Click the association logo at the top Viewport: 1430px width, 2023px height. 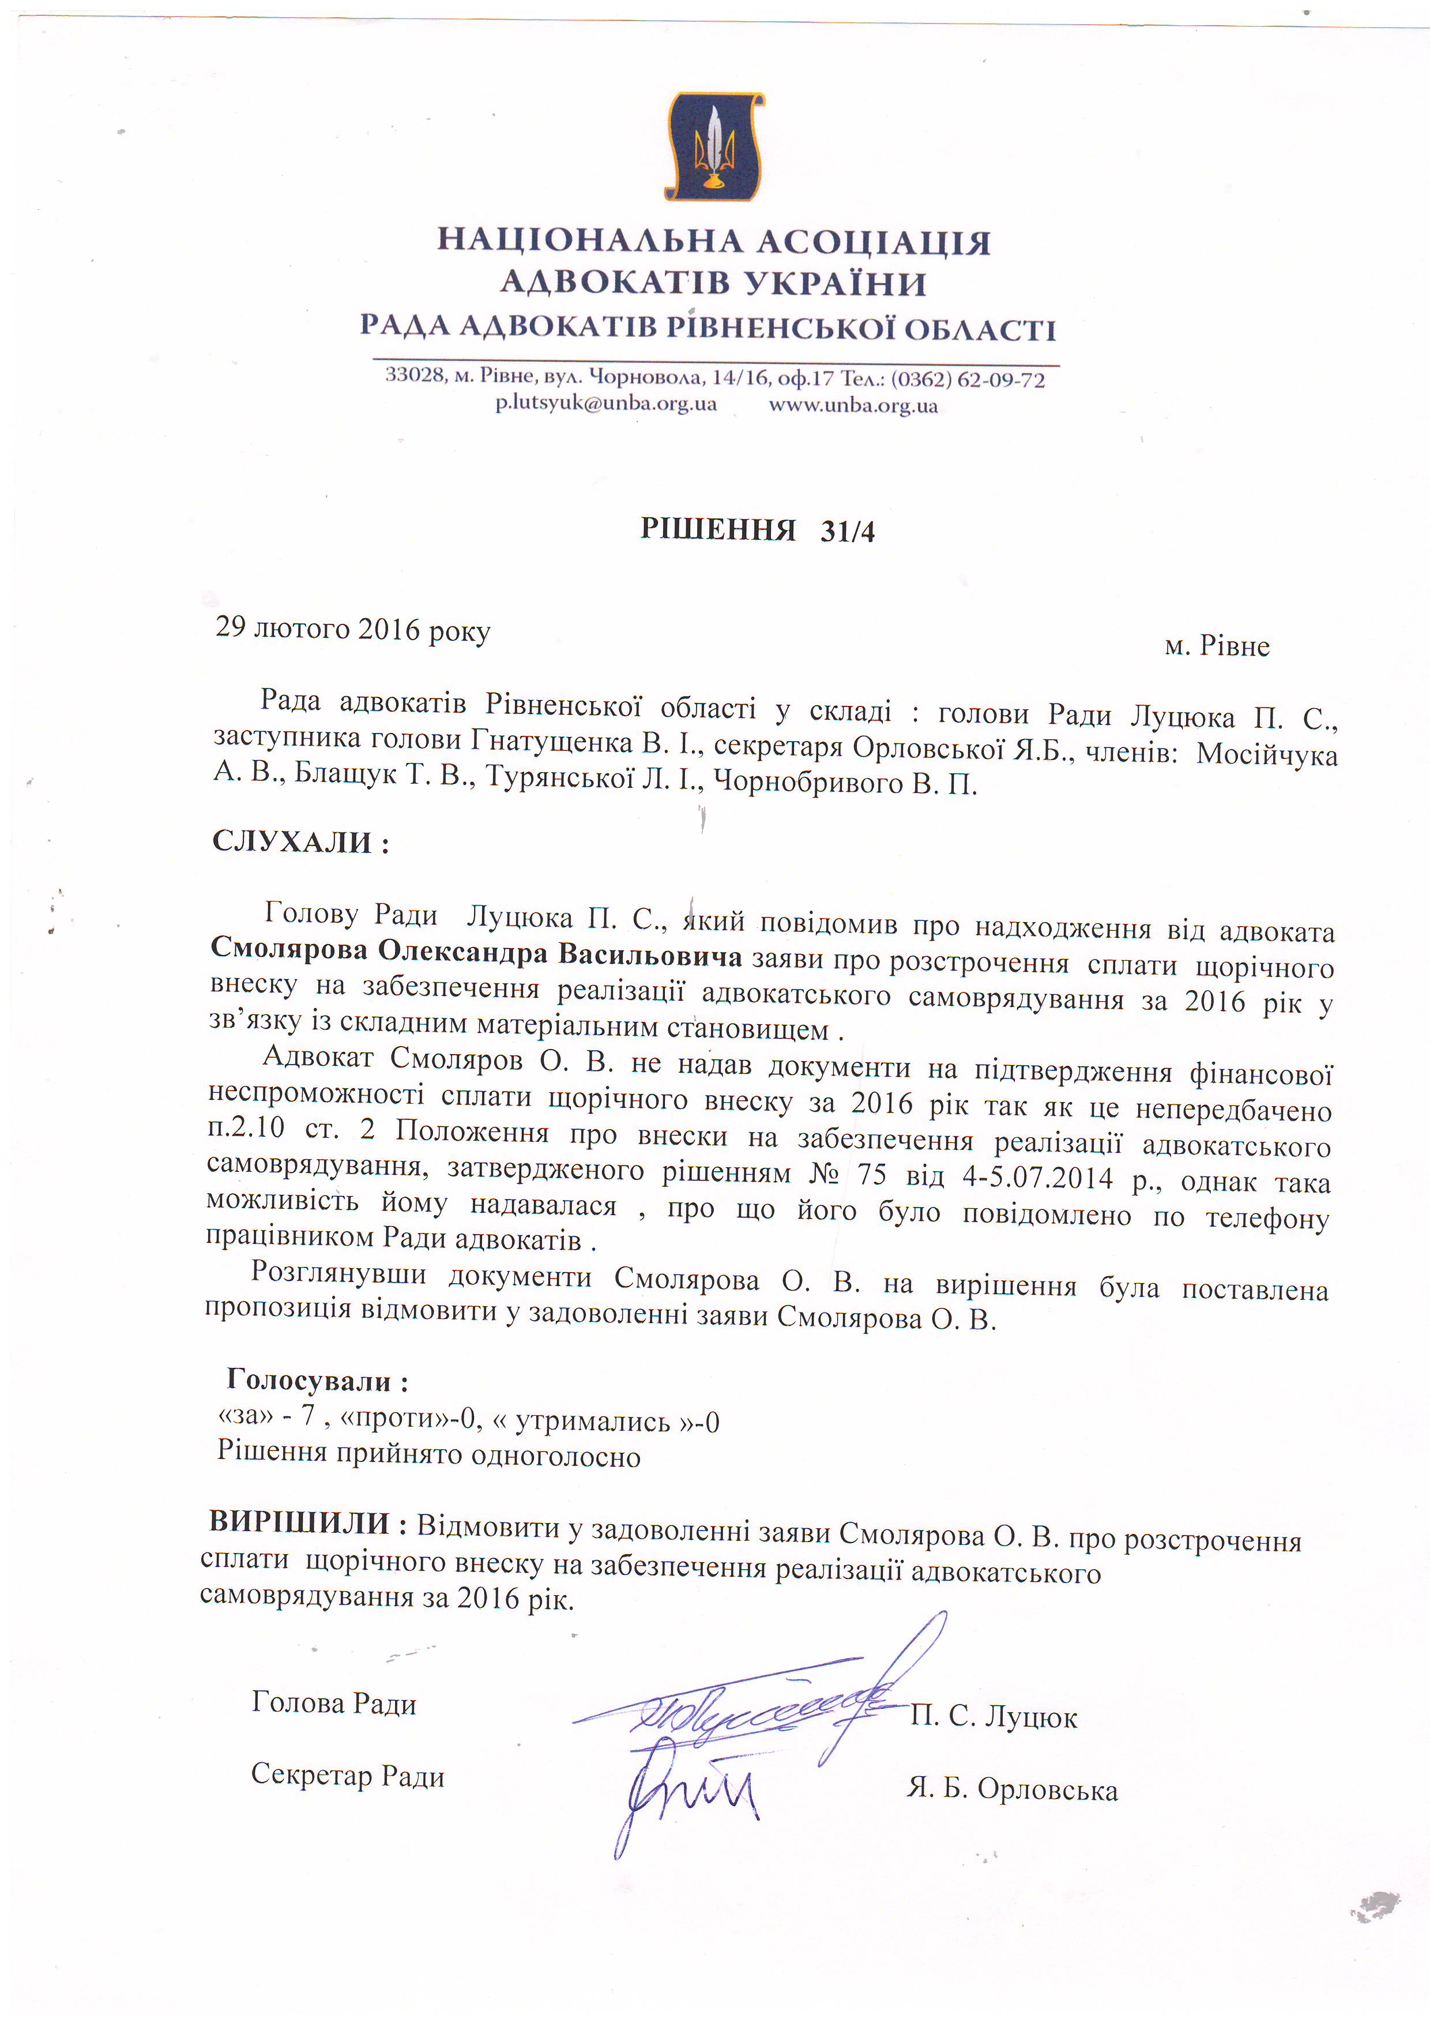pos(714,146)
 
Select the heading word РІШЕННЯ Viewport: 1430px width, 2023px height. pos(717,529)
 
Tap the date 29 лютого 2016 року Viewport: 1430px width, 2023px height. pos(352,630)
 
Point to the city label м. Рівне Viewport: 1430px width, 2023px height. pos(1217,646)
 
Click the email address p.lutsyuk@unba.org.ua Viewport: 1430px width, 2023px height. pos(605,404)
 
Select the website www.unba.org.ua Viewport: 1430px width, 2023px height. pos(853,406)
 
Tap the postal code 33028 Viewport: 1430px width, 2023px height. pos(414,375)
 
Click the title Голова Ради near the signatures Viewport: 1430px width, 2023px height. pos(334,1703)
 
